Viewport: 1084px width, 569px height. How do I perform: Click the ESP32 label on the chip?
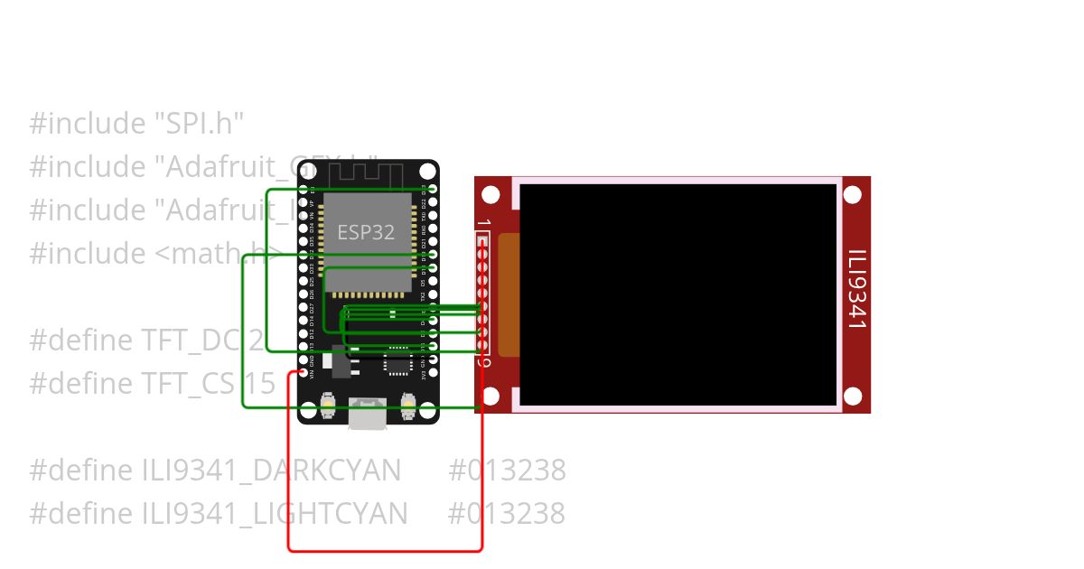[366, 232]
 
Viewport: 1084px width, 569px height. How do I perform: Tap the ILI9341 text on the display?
[856, 288]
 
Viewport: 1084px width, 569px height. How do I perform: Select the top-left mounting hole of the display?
[491, 195]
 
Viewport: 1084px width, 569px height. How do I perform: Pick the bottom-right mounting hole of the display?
[853, 396]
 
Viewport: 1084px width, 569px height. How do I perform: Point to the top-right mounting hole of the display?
[853, 195]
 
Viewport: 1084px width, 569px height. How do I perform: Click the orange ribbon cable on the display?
[509, 294]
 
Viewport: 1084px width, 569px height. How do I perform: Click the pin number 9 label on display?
[483, 363]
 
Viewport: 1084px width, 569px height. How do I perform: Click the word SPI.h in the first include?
[199, 124]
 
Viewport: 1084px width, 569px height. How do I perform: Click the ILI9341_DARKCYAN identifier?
[271, 471]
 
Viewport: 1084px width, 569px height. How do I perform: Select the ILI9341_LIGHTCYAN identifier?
[275, 514]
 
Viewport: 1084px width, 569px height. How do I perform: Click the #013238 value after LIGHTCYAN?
[506, 514]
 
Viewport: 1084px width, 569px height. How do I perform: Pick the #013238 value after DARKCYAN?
[507, 471]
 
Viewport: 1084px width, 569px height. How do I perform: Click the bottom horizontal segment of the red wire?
[385, 549]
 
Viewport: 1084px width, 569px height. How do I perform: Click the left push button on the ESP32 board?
[328, 406]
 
